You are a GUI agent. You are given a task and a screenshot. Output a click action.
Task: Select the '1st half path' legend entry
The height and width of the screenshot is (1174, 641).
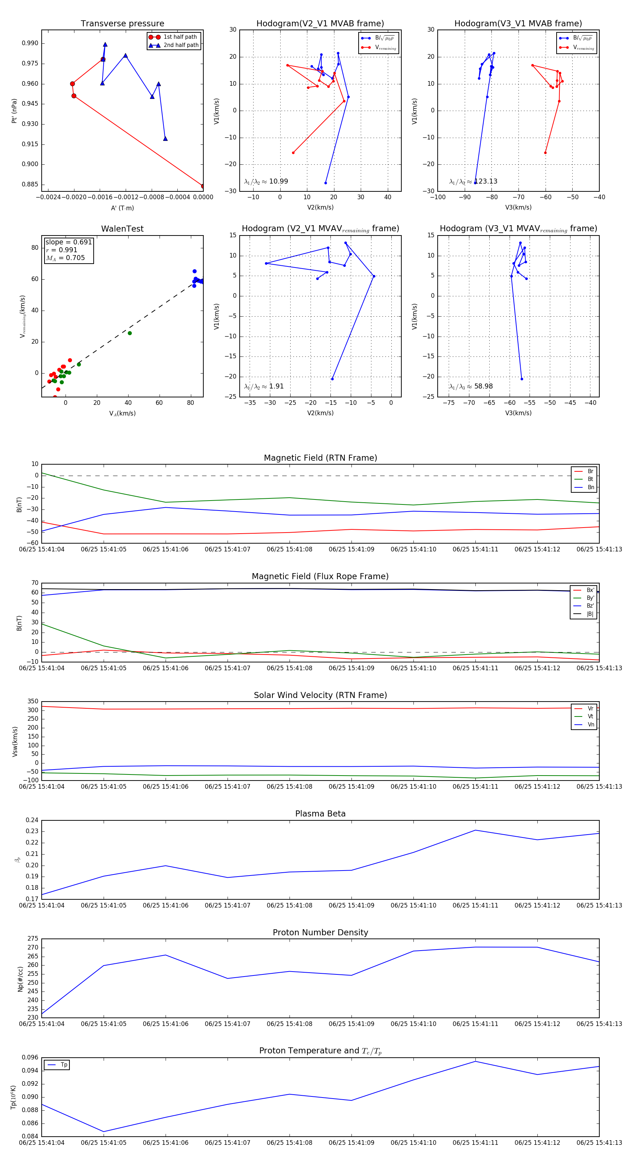tap(180, 37)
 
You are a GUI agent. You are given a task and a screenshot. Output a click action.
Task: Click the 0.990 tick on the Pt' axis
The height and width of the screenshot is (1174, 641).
tap(30, 43)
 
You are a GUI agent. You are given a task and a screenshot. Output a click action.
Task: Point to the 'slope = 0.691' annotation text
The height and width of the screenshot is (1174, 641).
tap(68, 242)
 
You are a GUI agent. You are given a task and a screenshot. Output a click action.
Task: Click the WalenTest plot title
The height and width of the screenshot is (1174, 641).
tap(122, 229)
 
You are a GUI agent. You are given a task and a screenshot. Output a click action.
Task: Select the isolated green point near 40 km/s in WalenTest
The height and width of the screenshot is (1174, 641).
tap(130, 333)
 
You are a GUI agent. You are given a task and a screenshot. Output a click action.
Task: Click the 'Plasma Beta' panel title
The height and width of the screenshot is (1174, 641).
tap(320, 814)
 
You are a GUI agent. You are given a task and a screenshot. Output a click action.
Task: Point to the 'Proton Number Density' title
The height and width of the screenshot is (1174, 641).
tap(320, 932)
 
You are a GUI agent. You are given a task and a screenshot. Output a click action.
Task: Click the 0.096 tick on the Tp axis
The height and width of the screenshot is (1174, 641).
tap(30, 1057)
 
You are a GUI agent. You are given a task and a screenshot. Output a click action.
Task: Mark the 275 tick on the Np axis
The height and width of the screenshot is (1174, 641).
tap(33, 939)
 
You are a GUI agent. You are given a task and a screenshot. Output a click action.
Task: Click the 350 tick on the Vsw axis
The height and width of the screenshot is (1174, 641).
tap(33, 702)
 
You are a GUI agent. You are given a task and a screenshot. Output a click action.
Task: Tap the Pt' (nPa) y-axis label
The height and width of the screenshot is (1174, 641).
tap(15, 111)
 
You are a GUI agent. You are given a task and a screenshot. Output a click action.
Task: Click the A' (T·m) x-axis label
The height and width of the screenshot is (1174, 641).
tap(122, 208)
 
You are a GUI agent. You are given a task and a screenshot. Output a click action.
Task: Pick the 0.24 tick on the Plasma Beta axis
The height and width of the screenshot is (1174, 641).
tap(32, 820)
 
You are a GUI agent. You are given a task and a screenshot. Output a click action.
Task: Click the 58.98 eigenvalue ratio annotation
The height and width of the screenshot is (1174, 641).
tap(483, 386)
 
